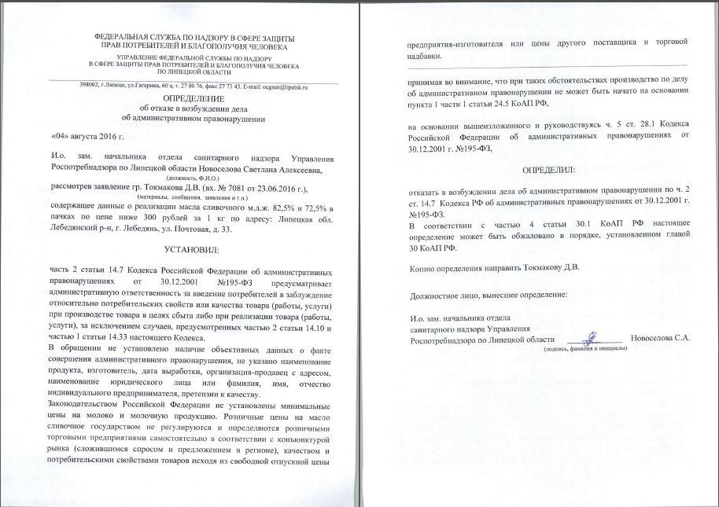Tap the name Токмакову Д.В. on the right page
click(x=553, y=267)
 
